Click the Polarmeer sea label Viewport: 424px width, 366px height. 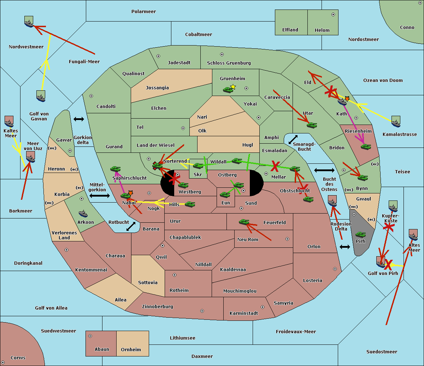pyautogui.click(x=143, y=12)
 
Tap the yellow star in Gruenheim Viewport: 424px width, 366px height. pyautogui.click(x=233, y=87)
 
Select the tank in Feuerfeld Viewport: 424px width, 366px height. pyautogui.click(x=244, y=222)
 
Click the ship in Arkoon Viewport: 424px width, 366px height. pyautogui.click(x=83, y=214)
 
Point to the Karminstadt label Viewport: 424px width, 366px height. pyautogui.click(x=244, y=313)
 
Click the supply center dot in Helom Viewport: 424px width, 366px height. pyautogui.click(x=333, y=14)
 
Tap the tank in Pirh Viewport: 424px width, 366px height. pyautogui.click(x=360, y=235)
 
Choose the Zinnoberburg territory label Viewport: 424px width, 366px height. pyautogui.click(x=158, y=306)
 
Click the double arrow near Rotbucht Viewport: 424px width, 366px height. pyautogui.click(x=131, y=226)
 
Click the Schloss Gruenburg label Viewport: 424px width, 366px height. pyautogui.click(x=229, y=63)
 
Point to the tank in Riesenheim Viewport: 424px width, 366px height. pyautogui.click(x=366, y=146)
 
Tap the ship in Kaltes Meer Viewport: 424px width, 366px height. pyautogui.click(x=9, y=122)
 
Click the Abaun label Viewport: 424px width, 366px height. pyautogui.click(x=102, y=349)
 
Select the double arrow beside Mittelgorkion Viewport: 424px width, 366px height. pyautogui.click(x=99, y=196)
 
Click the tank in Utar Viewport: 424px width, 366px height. pyautogui.click(x=312, y=125)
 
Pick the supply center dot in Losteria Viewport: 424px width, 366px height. pyautogui.click(x=335, y=269)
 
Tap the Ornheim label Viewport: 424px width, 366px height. pyautogui.click(x=131, y=349)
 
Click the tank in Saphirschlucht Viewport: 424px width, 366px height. pyautogui.click(x=115, y=169)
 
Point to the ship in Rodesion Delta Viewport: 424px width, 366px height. pyautogui.click(x=332, y=202)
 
